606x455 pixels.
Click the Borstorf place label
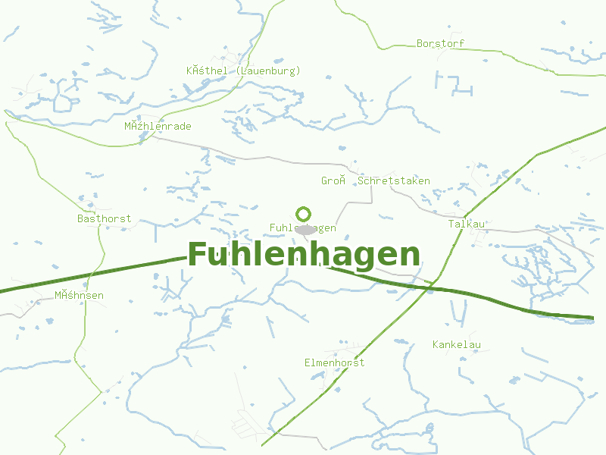tap(440, 43)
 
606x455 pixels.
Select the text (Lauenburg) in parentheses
tap(268, 71)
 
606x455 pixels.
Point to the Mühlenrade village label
tap(158, 126)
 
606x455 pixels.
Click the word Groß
tap(333, 180)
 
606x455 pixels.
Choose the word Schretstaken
tap(393, 180)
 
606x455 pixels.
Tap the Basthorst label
tap(104, 218)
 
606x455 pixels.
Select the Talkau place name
tap(466, 224)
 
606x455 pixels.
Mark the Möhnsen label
tap(79, 295)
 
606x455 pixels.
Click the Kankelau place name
tap(456, 345)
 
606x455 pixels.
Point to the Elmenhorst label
tap(334, 362)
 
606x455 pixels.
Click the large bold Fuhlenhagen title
tap(303, 255)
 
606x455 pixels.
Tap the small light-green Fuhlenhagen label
tap(303, 227)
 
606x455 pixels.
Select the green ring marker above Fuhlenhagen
tap(303, 214)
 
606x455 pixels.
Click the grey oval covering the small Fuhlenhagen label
tap(305, 230)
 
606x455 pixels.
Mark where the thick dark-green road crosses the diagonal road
tap(430, 286)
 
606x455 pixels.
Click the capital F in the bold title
tap(198, 255)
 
